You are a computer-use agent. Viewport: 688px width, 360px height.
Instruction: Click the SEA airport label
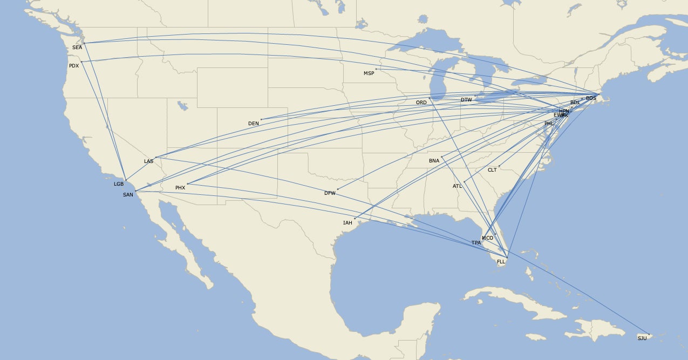(x=77, y=47)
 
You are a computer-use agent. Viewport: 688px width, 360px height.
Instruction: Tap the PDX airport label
(x=74, y=66)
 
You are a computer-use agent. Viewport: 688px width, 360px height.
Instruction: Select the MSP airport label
(x=369, y=73)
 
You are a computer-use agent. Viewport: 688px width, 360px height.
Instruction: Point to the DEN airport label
(x=254, y=124)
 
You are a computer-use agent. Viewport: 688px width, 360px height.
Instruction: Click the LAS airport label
(x=148, y=161)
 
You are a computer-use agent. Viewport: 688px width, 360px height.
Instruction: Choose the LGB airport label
(x=119, y=184)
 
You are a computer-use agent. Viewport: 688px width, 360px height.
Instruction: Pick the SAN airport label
(x=128, y=195)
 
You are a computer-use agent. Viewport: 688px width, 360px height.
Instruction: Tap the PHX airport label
(x=180, y=188)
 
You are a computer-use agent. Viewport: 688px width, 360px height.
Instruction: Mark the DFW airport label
(x=330, y=193)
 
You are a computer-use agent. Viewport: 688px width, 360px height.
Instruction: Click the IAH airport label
(x=348, y=223)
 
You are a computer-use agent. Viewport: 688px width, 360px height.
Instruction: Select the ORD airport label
(x=421, y=103)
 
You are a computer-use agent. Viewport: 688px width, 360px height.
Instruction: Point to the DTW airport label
(x=466, y=100)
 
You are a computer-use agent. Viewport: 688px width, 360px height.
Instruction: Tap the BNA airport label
(x=434, y=161)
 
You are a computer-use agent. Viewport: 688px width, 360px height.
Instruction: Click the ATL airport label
(x=457, y=186)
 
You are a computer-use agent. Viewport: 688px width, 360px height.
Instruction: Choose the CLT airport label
(x=492, y=170)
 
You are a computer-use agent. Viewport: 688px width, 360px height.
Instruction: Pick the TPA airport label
(x=476, y=243)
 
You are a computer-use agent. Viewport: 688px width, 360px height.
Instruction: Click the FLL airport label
(x=501, y=262)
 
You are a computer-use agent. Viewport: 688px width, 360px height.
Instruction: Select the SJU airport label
(x=642, y=338)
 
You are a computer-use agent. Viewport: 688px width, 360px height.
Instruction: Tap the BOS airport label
(x=591, y=98)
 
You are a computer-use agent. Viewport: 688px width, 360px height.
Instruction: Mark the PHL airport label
(x=549, y=124)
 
